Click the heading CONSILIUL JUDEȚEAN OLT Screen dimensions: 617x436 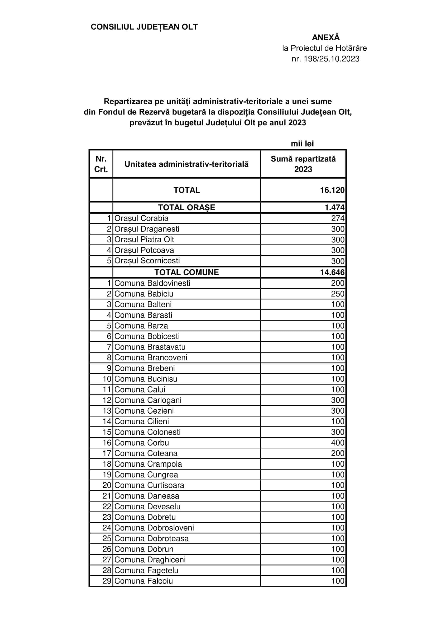coord(144,27)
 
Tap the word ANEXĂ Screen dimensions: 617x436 coord(325,37)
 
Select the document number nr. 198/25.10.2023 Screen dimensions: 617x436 coord(325,59)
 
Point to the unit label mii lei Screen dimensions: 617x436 coord(302,144)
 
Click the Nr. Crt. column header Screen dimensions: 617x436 coord(101,164)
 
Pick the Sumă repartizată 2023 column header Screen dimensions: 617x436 coord(303,164)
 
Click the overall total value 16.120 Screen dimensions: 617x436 coord(332,190)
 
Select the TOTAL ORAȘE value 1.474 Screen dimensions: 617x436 coord(334,207)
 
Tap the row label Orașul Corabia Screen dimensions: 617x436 coord(141,218)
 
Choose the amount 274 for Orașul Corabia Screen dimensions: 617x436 coord(338,218)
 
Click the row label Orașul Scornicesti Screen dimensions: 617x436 coord(147,261)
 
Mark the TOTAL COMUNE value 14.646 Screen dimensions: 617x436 coord(332,272)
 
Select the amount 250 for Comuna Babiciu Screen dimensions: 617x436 coord(338,294)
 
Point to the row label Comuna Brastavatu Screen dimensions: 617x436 coord(150,347)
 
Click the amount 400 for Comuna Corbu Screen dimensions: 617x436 coord(338,443)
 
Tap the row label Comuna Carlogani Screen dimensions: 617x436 coord(148,400)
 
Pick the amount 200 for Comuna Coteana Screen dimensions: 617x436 coord(338,453)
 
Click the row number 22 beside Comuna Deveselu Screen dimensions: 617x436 coord(107,506)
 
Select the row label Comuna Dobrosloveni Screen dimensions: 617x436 coord(154,528)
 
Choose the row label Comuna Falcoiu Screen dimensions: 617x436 coord(143,581)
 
